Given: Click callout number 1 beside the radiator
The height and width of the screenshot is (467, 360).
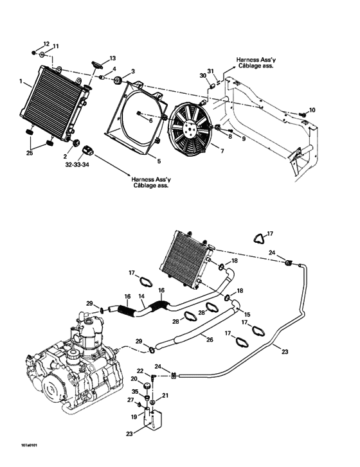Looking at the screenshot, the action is pos(21,81).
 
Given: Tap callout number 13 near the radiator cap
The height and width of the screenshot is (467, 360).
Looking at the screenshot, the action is pos(113,58).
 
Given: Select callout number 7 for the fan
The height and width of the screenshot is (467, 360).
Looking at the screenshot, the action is pos(222,152).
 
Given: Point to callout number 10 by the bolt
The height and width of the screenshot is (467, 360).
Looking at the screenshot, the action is pos(312,110).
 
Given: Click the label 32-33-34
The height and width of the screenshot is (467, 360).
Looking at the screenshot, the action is pos(77,164).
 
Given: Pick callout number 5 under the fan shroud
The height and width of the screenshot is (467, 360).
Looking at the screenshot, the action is pos(159,161).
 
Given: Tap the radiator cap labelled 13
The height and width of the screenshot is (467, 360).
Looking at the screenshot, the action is pos(96,64).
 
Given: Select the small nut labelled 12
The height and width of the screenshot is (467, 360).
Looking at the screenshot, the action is pos(33,53).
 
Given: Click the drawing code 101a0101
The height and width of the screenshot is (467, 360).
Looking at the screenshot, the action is pos(29,446).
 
